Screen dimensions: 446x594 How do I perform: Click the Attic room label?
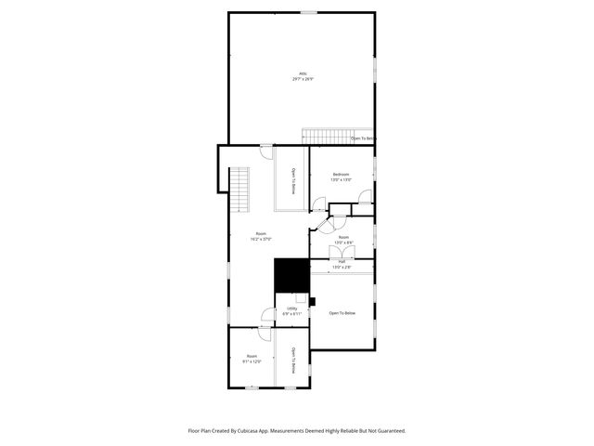click(303, 73)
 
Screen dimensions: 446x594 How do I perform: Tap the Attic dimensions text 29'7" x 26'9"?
click(303, 79)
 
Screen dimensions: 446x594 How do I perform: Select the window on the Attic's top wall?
click(307, 12)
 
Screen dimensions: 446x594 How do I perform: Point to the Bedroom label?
click(341, 174)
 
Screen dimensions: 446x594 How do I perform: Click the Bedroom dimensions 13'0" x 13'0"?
click(341, 179)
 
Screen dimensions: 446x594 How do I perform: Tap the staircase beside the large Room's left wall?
click(240, 189)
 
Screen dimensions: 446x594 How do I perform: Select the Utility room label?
click(292, 308)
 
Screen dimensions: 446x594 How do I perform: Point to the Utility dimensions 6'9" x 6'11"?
click(292, 314)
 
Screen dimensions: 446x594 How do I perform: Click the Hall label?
click(342, 262)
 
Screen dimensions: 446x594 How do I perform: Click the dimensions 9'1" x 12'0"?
click(252, 361)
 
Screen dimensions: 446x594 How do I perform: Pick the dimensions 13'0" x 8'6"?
click(343, 243)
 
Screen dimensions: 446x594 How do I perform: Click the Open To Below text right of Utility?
click(342, 313)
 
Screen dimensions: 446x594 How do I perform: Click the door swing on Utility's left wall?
click(266, 315)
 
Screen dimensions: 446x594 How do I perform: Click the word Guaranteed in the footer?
click(388, 430)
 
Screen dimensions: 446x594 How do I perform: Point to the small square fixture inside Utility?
click(301, 298)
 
